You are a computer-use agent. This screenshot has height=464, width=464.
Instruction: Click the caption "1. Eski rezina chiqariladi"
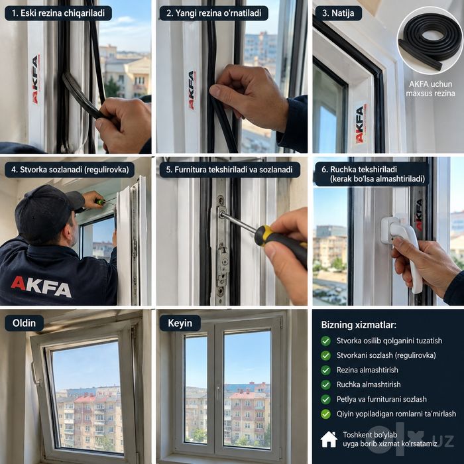tap(58, 13)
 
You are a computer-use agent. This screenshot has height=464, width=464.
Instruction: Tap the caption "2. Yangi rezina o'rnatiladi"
tap(213, 13)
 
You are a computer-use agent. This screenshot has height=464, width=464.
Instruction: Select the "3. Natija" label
tap(338, 13)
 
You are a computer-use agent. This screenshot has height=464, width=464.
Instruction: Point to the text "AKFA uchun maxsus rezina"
tap(430, 88)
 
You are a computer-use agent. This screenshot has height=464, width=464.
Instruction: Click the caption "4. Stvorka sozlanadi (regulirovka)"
tap(70, 170)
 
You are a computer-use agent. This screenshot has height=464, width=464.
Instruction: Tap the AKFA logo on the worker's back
tap(41, 286)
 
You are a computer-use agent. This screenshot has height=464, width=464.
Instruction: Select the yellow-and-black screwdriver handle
tap(280, 244)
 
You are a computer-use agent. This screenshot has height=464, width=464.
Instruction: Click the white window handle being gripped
tap(404, 249)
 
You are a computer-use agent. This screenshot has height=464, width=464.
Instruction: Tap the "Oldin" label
tap(24, 323)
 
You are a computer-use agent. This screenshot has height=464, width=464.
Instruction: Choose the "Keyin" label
tap(180, 323)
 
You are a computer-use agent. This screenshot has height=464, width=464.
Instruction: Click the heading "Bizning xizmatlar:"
tap(359, 325)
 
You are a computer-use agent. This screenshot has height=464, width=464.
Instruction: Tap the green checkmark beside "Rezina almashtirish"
tap(326, 370)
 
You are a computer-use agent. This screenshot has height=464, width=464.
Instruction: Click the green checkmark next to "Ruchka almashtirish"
tap(326, 384)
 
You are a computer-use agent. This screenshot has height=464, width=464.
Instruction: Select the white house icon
tap(329, 439)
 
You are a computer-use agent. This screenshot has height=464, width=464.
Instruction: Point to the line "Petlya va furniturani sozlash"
tap(381, 399)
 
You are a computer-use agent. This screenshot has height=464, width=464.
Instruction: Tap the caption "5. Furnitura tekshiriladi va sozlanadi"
tap(229, 170)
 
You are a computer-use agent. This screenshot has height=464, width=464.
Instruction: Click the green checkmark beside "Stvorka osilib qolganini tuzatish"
tap(326, 341)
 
